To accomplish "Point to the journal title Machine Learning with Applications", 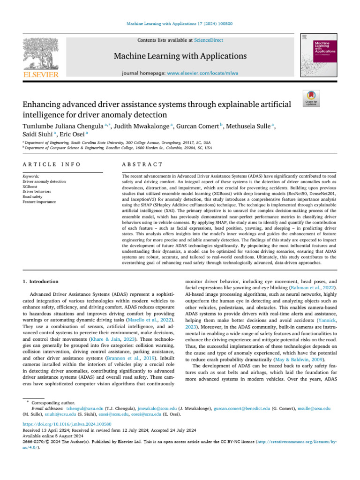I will tap(180, 57).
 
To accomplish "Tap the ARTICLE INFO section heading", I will tap(52, 165).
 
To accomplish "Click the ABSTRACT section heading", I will tap(142, 165).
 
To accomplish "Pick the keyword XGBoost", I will tap(30, 186).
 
